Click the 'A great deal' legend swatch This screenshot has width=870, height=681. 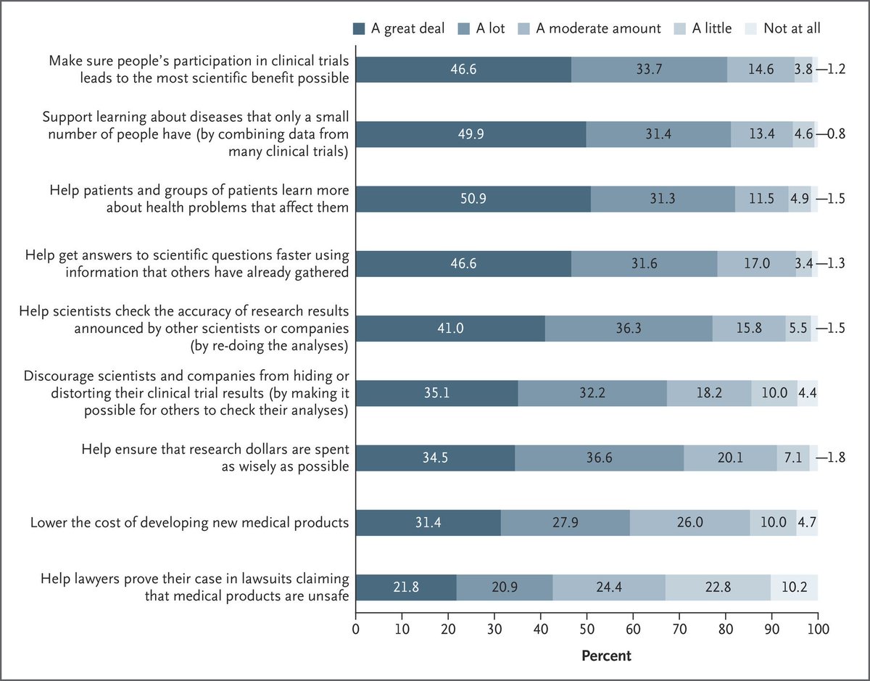point(359,29)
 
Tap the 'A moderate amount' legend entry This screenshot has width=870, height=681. point(598,29)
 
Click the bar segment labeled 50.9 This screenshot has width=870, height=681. point(473,199)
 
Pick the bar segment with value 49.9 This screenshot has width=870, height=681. point(471,135)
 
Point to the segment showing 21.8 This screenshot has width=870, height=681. point(406,587)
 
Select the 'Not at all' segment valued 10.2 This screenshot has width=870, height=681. point(794,587)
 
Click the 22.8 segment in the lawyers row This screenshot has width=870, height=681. point(718,587)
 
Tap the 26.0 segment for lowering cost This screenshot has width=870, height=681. point(689,523)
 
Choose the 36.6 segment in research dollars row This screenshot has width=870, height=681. point(599,458)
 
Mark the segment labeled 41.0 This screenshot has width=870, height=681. point(450,329)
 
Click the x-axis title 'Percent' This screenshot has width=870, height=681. point(606,656)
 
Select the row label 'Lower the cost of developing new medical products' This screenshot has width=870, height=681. point(189,522)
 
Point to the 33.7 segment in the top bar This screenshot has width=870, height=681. point(649,70)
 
